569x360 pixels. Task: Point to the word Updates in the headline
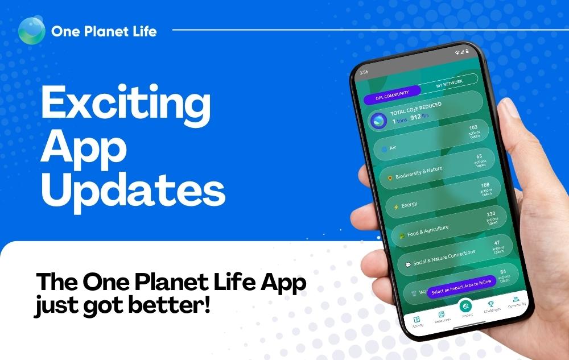133,190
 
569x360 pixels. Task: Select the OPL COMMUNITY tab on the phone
392,96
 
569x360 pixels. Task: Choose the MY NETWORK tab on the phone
450,84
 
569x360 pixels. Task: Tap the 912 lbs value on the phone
420,117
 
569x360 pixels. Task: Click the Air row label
393,148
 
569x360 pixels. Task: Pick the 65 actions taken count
480,159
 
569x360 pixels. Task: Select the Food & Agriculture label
428,230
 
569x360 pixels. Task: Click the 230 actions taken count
491,218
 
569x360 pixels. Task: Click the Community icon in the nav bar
516,299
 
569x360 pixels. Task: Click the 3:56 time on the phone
364,72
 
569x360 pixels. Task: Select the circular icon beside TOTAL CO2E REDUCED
378,121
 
